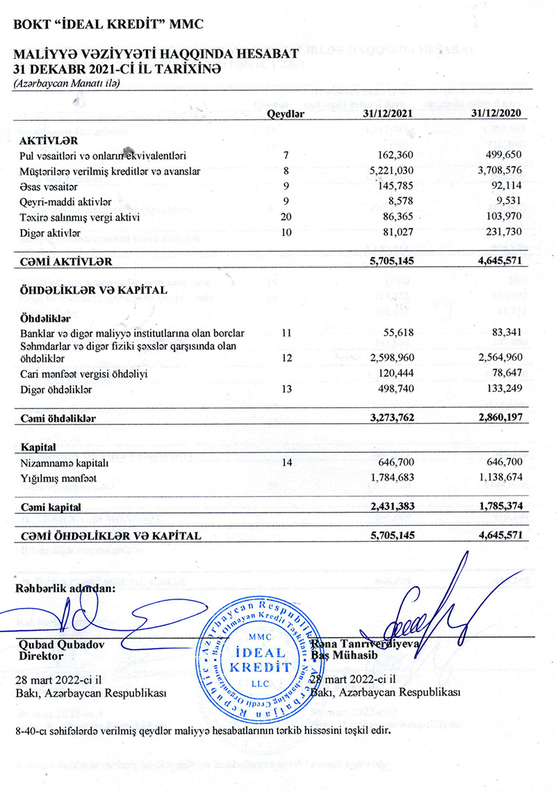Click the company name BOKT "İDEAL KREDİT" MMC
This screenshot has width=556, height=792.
105,25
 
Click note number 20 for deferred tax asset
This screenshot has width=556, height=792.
286,217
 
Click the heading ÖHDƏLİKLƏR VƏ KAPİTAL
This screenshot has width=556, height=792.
94,290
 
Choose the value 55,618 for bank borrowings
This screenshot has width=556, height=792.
398,333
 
